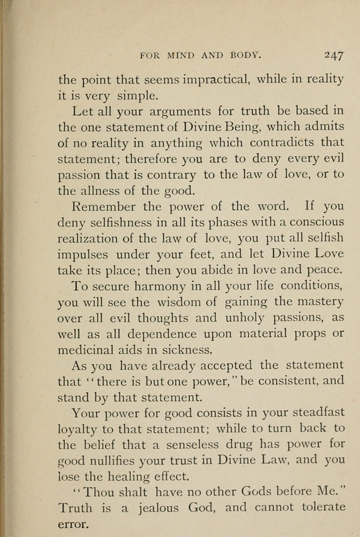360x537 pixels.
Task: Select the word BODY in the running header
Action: point(245,55)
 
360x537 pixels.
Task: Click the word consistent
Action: point(286,381)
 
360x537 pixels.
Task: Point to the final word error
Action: point(73,524)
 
